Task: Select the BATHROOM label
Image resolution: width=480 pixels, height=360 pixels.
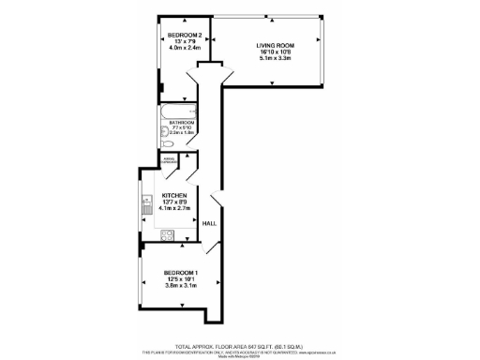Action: [x=182, y=123]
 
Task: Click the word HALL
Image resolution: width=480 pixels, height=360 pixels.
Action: [x=211, y=223]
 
